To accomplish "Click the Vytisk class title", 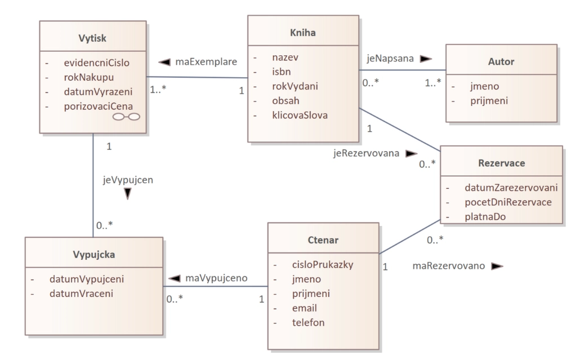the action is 92,38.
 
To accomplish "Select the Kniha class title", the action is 302,33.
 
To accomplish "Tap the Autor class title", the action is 501,61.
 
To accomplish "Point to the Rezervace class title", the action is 501,163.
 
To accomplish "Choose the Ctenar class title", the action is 323,240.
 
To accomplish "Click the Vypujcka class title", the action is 94,254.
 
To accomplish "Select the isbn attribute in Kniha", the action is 282,72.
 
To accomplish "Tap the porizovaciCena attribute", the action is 99,106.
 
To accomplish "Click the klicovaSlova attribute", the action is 300,115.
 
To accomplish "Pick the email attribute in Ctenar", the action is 305,308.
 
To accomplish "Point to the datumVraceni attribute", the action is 81,294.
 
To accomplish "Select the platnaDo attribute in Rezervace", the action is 485,217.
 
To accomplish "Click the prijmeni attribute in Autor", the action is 489,101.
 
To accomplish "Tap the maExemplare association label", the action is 206,61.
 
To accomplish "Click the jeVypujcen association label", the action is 128,180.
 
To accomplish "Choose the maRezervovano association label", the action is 449,265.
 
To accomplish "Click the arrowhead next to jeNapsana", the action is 426,59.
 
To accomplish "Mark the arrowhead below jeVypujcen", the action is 127,193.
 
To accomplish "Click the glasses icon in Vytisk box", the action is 126,117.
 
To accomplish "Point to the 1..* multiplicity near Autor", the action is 433,83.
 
